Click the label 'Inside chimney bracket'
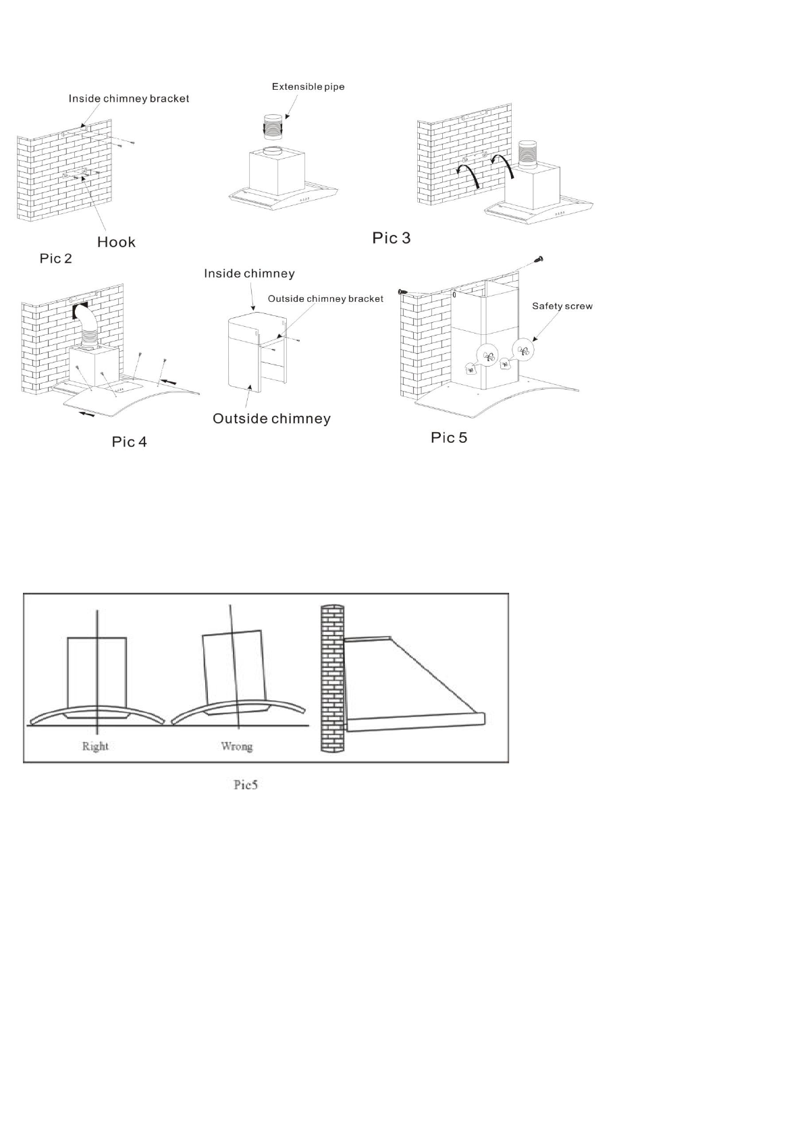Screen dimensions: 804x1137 click(x=128, y=99)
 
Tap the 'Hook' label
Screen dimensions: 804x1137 click(x=116, y=242)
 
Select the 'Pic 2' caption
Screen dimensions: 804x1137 click(x=55, y=259)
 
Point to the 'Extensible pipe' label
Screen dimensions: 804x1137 click(x=308, y=86)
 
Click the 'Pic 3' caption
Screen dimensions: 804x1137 click(x=391, y=238)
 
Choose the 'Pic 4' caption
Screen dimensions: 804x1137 click(x=129, y=442)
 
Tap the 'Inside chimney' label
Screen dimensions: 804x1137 click(x=249, y=273)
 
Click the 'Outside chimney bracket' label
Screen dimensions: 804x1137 click(x=325, y=298)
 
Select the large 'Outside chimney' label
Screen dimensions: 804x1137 click(x=271, y=419)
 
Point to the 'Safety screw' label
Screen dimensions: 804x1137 click(x=562, y=306)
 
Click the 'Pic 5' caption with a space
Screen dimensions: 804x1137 click(x=449, y=438)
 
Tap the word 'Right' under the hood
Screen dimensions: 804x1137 click(x=95, y=746)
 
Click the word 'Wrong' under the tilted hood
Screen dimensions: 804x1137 click(x=236, y=746)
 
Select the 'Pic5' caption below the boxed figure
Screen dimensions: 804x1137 click(x=246, y=785)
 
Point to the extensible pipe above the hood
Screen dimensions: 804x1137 click(x=273, y=126)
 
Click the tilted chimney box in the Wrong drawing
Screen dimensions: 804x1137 click(x=233, y=667)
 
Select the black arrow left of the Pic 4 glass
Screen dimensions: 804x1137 click(x=86, y=414)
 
